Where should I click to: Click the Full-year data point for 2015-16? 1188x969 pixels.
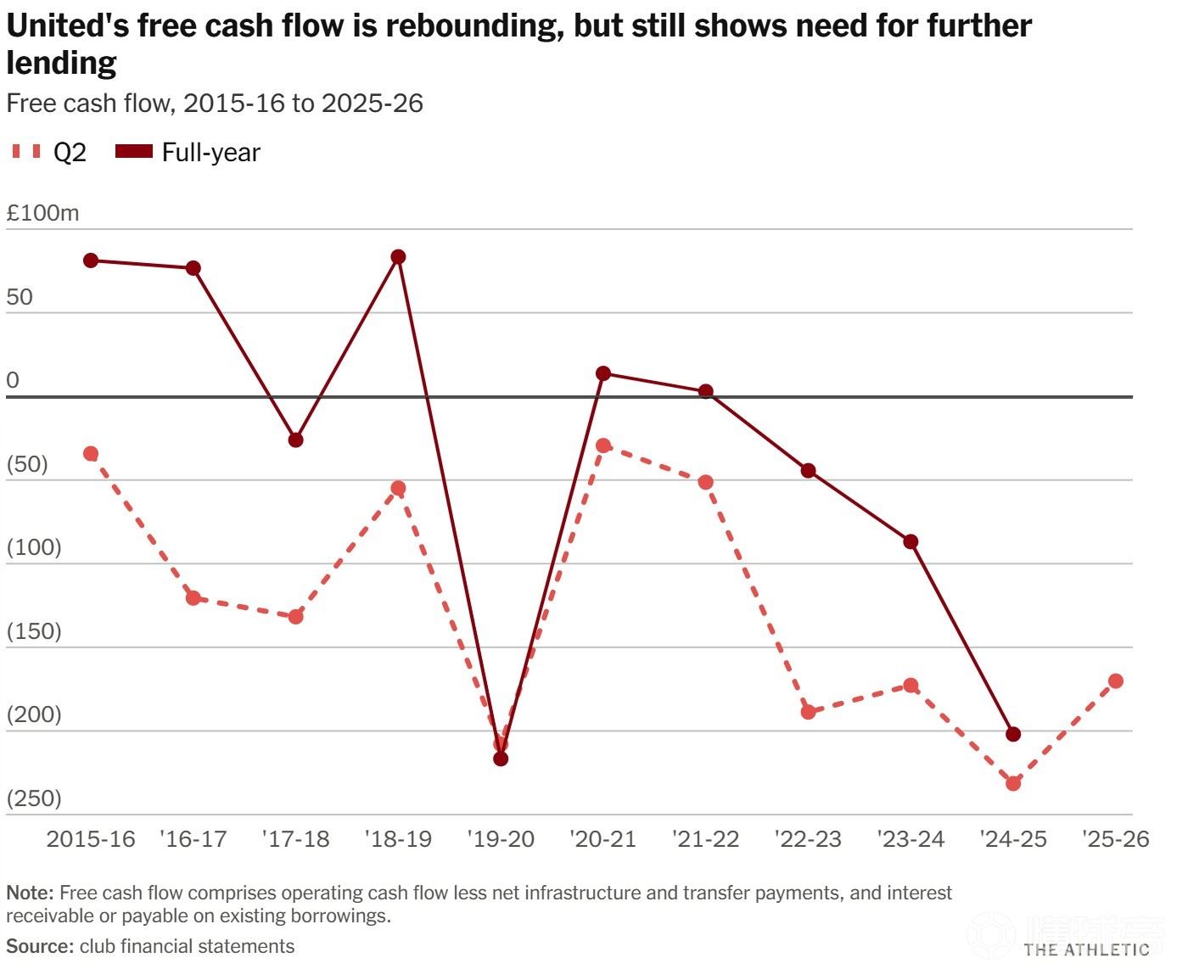coord(91,260)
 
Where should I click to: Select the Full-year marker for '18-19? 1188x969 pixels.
coord(398,257)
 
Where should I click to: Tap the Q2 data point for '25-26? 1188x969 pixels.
coord(1116,681)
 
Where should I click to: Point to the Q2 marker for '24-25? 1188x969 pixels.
coord(1013,783)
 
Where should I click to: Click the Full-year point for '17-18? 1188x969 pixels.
coord(295,440)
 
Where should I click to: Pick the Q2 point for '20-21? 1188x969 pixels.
coord(603,445)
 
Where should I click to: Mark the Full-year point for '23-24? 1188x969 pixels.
coord(911,542)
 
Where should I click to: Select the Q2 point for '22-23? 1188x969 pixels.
coord(808,712)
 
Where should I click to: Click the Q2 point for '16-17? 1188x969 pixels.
coord(193,598)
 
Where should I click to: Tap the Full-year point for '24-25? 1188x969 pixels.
coord(1013,734)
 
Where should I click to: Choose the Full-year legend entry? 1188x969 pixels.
coord(188,153)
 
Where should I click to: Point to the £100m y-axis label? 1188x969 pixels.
coord(42,213)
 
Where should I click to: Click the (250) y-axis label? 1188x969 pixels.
coord(34,798)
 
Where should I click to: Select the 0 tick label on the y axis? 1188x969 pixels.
coord(13,380)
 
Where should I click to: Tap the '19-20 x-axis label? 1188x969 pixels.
coord(501,839)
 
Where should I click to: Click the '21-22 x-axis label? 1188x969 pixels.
coord(705,839)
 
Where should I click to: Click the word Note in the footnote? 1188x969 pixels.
coord(30,893)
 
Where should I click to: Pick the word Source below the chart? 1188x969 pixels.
coord(39,947)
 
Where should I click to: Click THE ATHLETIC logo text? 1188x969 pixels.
coord(1086,949)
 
